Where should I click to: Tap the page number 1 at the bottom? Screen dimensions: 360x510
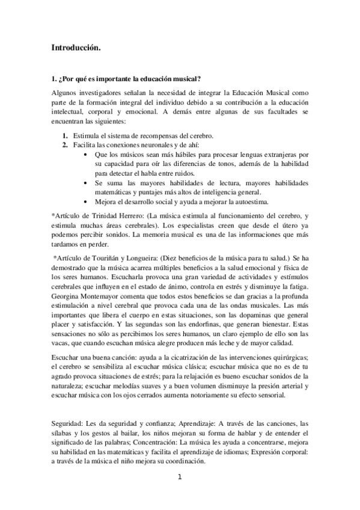[180, 478]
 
